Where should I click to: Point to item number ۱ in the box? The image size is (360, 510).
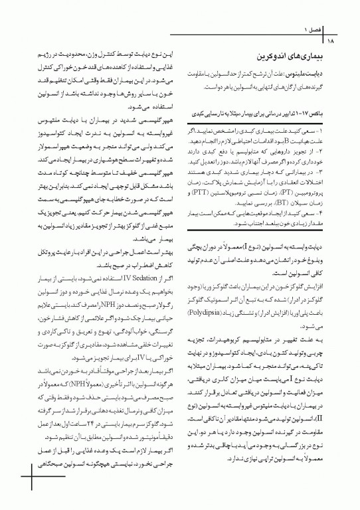coord(336,133)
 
